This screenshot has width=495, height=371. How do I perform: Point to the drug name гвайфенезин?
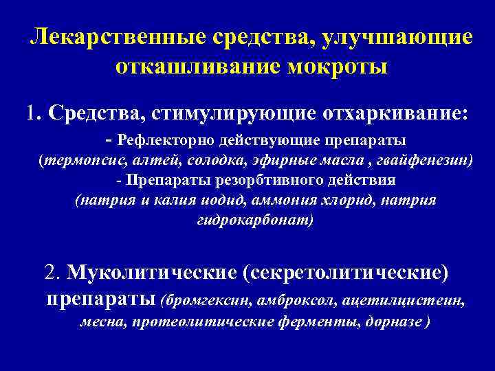pyautogui.click(x=426, y=161)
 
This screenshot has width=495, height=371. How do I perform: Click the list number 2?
pyautogui.click(x=52, y=273)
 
